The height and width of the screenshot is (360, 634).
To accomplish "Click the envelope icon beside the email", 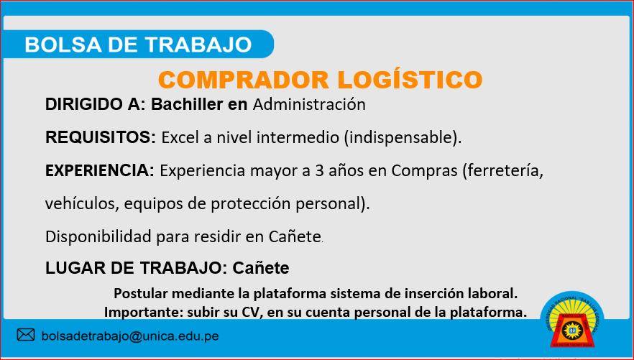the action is (x=26, y=335).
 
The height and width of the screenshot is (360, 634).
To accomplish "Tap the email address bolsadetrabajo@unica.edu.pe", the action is (x=130, y=336).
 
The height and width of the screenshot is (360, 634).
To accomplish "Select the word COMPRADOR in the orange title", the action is (x=244, y=80).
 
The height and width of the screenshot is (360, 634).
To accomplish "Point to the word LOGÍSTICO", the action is (x=410, y=80).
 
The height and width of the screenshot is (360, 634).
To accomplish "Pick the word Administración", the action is (x=309, y=104).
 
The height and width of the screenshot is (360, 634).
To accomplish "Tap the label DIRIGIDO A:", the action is (x=95, y=104).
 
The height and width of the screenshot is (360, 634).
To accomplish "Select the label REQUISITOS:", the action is (x=101, y=137).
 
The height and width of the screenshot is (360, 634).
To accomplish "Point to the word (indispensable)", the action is (x=403, y=138).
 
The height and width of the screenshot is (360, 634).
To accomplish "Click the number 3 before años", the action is (x=318, y=171).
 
